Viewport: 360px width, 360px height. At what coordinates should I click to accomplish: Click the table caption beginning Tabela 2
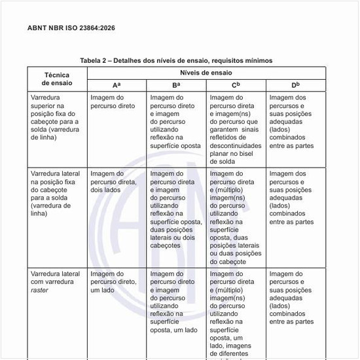[176, 60]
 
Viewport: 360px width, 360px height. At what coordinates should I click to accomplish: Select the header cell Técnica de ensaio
[57, 79]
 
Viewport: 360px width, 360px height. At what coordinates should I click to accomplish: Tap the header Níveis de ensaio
[206, 73]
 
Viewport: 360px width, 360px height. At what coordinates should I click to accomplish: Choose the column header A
[116, 85]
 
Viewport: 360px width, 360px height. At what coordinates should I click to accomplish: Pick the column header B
[176, 85]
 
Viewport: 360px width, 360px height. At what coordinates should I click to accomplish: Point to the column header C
[236, 85]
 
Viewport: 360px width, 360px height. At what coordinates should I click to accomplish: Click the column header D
[295, 85]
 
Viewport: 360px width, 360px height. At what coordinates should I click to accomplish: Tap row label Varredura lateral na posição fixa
[56, 194]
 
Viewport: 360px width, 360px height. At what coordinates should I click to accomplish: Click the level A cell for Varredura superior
[113, 101]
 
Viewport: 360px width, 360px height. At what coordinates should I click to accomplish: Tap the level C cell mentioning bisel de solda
[236, 129]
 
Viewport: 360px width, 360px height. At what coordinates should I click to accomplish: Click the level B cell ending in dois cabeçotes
[175, 209]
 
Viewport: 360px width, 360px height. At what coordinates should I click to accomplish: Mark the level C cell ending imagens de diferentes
[236, 314]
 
